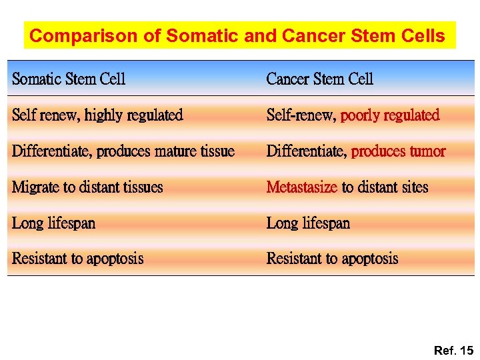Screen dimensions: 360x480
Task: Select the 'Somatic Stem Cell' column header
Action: click(x=69, y=79)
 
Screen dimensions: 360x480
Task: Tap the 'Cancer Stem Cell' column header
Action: click(x=319, y=79)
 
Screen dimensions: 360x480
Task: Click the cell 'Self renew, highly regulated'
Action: click(x=97, y=115)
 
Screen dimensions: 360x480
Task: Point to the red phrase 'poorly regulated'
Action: click(x=390, y=115)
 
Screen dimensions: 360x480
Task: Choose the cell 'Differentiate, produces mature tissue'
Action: click(x=123, y=151)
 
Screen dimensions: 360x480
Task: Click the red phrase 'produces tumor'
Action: click(x=398, y=151)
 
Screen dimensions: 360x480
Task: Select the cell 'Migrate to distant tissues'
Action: click(x=87, y=187)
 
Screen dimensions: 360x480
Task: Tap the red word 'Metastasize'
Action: click(x=301, y=187)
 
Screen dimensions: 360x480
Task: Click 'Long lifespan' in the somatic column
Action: click(x=53, y=223)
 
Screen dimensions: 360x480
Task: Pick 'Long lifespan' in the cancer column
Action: click(x=308, y=223)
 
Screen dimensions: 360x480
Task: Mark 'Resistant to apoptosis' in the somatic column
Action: click(x=77, y=259)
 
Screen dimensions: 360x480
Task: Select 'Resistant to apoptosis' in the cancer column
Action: click(x=332, y=259)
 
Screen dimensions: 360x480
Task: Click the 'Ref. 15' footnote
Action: click(x=453, y=350)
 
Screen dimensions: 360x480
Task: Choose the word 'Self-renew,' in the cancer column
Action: click(x=301, y=115)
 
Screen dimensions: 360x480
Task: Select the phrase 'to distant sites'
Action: click(x=385, y=187)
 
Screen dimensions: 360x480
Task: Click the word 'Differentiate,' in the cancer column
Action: click(x=307, y=151)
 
